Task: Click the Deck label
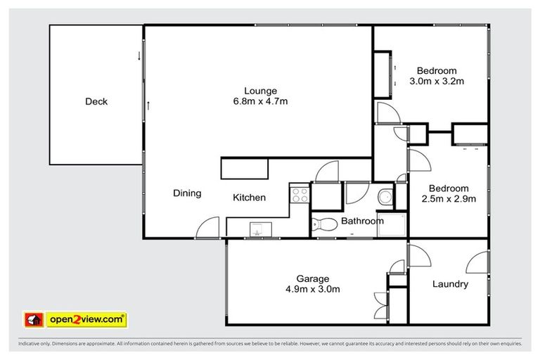(x=96, y=102)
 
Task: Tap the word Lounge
(x=260, y=90)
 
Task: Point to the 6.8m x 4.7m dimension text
(x=260, y=101)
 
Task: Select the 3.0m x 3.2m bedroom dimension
(x=437, y=82)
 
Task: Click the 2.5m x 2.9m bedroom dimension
(x=449, y=199)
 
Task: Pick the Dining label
(x=187, y=193)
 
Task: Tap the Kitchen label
(x=249, y=198)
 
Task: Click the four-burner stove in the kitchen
(x=300, y=193)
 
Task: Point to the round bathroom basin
(x=385, y=198)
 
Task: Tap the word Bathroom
(x=362, y=221)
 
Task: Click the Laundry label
(x=450, y=284)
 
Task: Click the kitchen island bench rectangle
(x=245, y=169)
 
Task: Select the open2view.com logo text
(x=87, y=320)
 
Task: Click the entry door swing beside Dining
(x=205, y=228)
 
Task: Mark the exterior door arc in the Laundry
(x=477, y=262)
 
